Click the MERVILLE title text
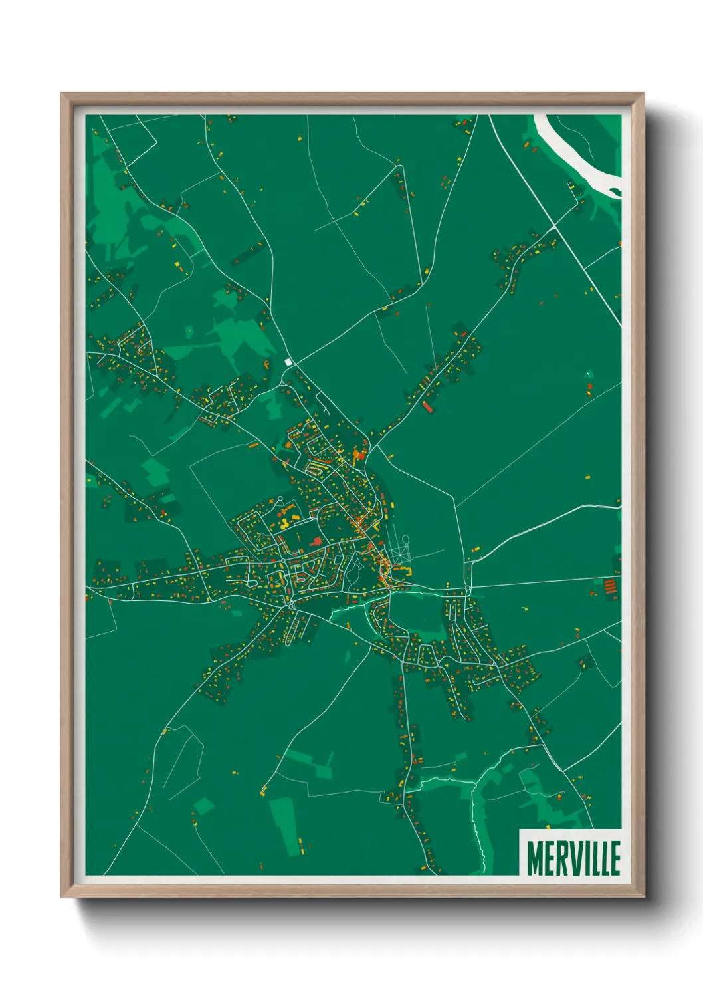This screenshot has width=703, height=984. pyautogui.click(x=573, y=858)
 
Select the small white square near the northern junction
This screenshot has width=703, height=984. pyautogui.click(x=288, y=362)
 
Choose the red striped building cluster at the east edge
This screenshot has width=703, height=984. pyautogui.click(x=609, y=587)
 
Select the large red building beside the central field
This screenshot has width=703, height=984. pyautogui.click(x=316, y=541)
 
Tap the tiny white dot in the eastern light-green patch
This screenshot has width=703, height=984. pyautogui.click(x=588, y=374)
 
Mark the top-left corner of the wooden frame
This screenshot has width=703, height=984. pyautogui.click(x=62, y=94)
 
